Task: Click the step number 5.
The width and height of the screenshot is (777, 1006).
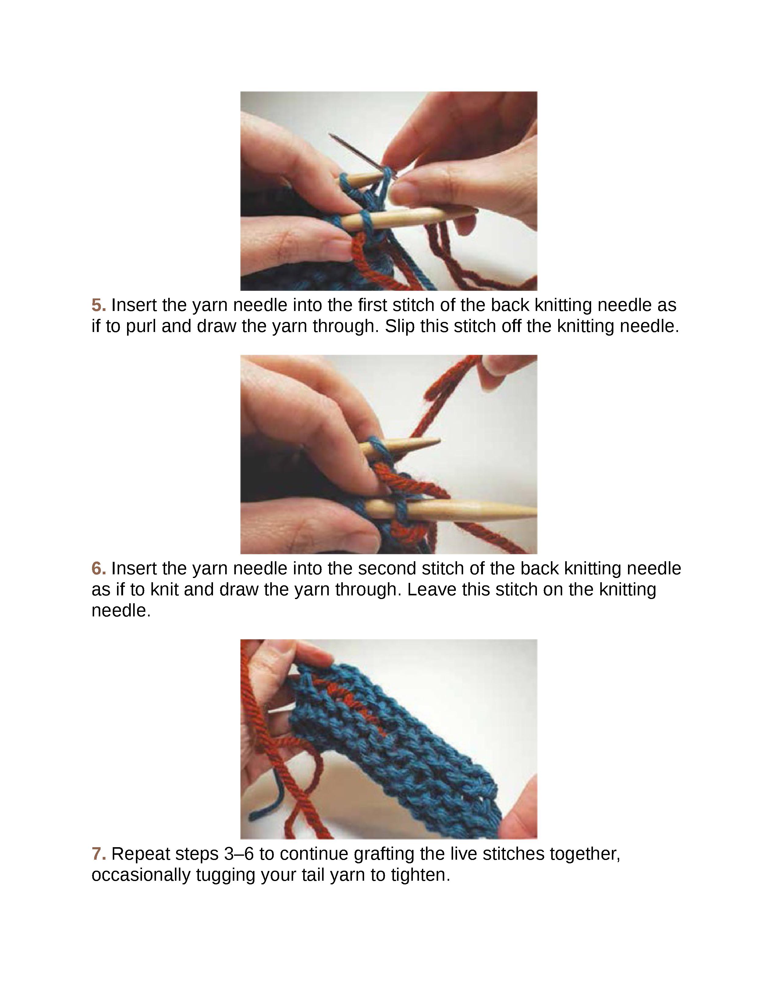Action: coord(98,305)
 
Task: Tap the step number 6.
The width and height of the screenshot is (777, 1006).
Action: coord(98,569)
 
